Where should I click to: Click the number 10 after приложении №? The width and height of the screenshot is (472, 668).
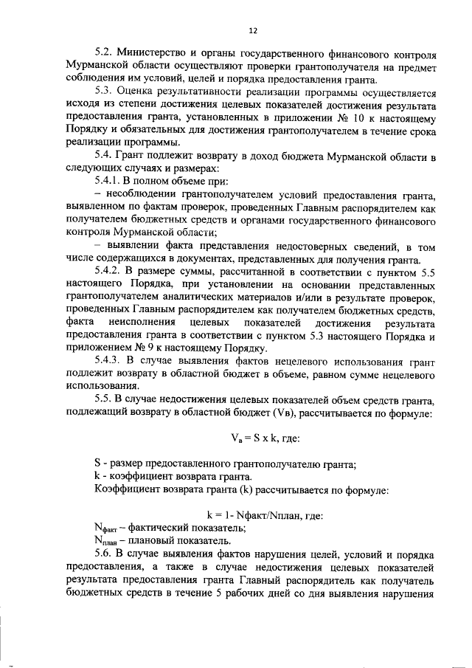(x=358, y=119)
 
